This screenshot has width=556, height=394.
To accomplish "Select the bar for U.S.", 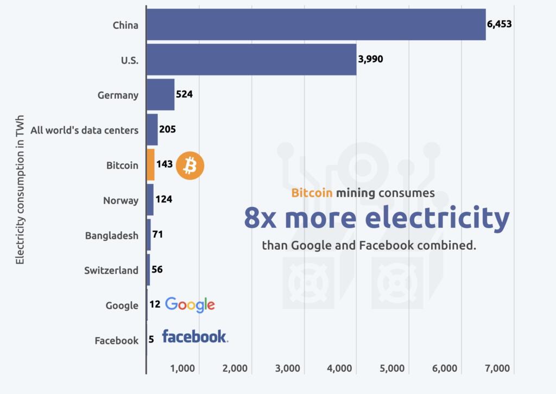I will click(x=251, y=60).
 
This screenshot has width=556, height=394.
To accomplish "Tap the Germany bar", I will click(x=161, y=94).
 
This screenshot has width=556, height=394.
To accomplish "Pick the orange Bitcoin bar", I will click(x=150, y=164).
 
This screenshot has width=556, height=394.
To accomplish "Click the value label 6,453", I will click(x=499, y=24).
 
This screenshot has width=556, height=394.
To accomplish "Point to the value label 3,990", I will click(x=370, y=59).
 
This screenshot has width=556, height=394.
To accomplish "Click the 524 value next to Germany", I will click(x=184, y=94).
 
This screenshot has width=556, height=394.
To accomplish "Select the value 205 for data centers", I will click(x=167, y=130).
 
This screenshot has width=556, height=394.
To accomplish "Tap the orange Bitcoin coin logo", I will click(x=189, y=165).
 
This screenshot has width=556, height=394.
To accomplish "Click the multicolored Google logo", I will click(x=190, y=305).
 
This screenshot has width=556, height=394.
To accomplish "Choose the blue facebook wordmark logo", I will click(x=194, y=337).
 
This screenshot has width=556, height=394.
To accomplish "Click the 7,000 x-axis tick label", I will click(x=498, y=369).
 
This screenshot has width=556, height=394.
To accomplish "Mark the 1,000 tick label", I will click(x=183, y=369).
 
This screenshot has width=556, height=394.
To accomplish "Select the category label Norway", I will click(x=121, y=200).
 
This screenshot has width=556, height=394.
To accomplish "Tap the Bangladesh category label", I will click(x=111, y=236).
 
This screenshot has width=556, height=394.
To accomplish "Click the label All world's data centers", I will click(x=84, y=130).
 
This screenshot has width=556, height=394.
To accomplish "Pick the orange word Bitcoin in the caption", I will click(x=312, y=193).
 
